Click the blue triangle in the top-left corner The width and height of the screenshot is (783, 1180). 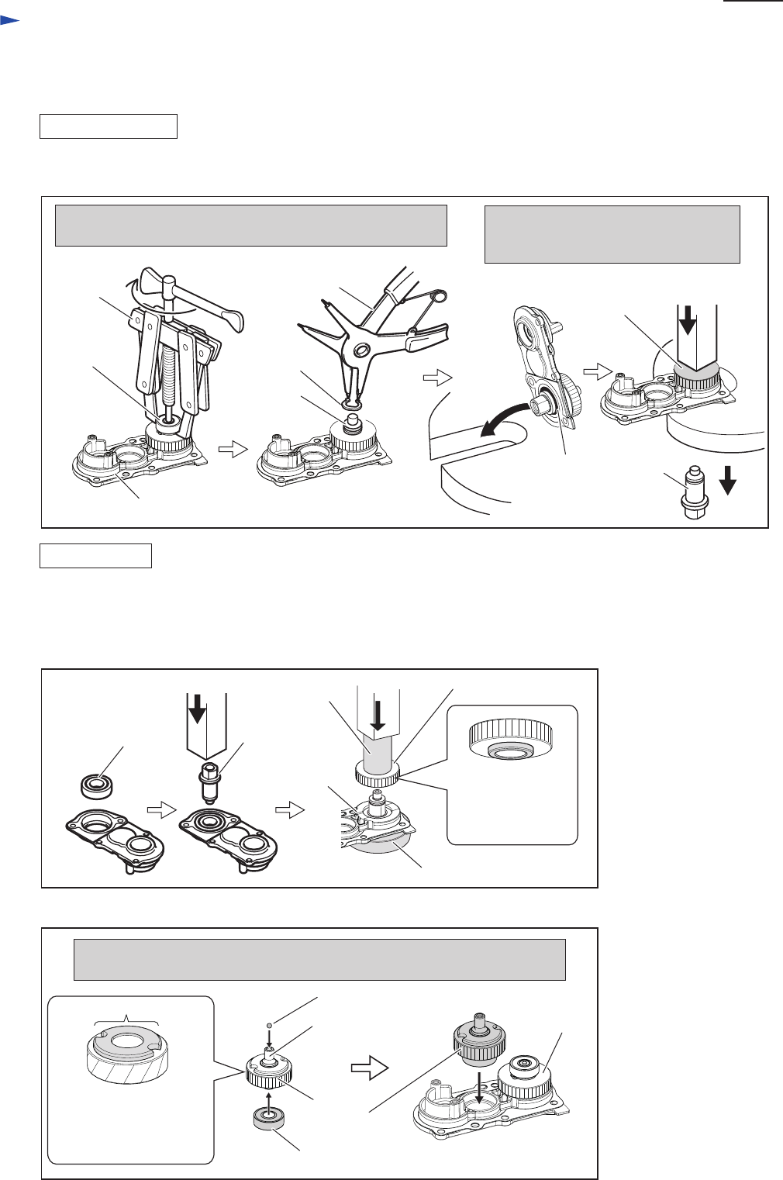pos(9,24)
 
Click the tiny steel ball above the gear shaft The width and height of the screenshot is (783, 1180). pos(269,1026)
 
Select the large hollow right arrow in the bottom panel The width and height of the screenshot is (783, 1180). pos(369,1069)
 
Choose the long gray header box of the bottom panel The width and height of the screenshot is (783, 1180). pos(319,960)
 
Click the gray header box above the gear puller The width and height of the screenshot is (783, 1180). pos(250,226)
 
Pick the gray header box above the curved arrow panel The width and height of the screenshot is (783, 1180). pos(612,234)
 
